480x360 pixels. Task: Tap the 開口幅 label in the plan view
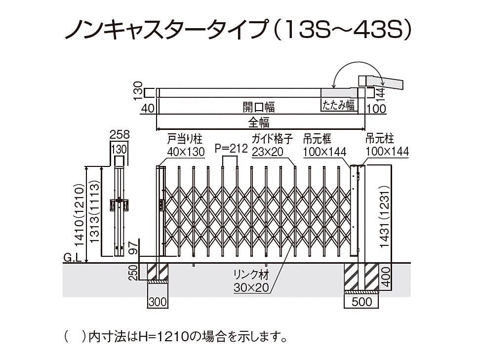pos(258,106)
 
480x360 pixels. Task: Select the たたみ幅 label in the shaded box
pos(338,105)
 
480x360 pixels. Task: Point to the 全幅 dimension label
pos(258,122)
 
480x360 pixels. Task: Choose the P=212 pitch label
pos(230,148)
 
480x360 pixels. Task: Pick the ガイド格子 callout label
pos(272,139)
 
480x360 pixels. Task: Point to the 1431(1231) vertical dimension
pos(386,212)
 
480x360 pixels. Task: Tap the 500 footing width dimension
pos(362,301)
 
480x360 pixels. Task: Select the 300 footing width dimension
pos(158,301)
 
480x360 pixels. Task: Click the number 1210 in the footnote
pos(163,338)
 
